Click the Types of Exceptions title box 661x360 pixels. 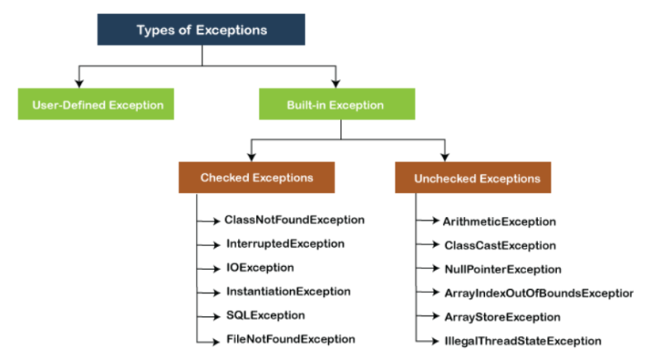(x=202, y=31)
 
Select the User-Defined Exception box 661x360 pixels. (x=97, y=105)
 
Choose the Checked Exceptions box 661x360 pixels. (x=256, y=178)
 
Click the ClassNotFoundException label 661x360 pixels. (x=294, y=220)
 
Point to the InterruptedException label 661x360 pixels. (x=284, y=244)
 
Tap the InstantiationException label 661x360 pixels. (x=288, y=291)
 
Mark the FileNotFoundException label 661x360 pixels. (x=290, y=339)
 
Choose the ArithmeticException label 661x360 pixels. (x=499, y=221)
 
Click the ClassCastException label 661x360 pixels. (x=499, y=245)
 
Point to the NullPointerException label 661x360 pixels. (x=502, y=269)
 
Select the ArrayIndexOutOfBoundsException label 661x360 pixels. (x=538, y=293)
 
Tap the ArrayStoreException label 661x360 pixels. (x=502, y=317)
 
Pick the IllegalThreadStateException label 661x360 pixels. (x=522, y=341)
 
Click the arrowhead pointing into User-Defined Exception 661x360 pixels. (x=78, y=83)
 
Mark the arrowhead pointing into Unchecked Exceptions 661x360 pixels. (x=445, y=156)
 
